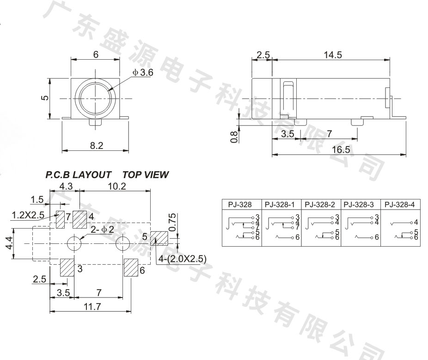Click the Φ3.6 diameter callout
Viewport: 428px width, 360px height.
(143, 73)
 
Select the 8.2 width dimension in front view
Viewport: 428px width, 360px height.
(97, 146)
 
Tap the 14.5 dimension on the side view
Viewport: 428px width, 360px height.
(333, 55)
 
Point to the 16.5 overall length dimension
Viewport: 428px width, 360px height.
(341, 149)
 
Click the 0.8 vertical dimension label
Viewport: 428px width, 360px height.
(234, 137)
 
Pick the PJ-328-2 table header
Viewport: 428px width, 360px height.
(320, 205)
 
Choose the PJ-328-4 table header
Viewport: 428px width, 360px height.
(400, 205)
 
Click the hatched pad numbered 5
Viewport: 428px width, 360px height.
(159, 238)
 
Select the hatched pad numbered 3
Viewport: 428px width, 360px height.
(67, 267)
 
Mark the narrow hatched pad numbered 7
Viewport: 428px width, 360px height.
(60, 219)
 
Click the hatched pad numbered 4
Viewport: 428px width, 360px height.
(79, 219)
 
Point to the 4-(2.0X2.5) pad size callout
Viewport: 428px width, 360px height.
(182, 258)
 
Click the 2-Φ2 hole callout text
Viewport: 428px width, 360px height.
(102, 230)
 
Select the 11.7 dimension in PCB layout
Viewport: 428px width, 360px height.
(92, 306)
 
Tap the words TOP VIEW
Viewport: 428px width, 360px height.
(146, 174)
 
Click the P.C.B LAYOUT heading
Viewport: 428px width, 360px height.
(78, 174)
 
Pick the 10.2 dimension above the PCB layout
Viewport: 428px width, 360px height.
(117, 186)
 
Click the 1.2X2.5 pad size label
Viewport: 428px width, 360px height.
(28, 215)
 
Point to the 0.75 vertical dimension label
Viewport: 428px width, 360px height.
(172, 222)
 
